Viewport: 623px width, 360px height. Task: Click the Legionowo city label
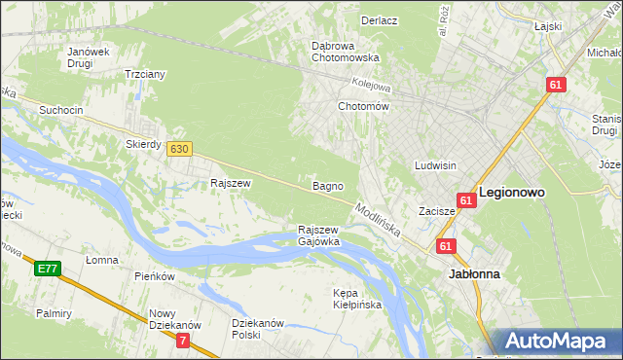[x=511, y=193]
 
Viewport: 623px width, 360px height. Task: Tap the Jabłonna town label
[x=474, y=274]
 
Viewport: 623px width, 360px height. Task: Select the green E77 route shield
[x=48, y=268]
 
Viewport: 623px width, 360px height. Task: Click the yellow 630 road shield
[x=178, y=149]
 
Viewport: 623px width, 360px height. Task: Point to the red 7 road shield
[x=184, y=341]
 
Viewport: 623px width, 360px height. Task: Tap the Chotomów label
[x=363, y=106]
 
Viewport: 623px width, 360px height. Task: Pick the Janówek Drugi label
[x=87, y=57]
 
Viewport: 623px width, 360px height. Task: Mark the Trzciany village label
[x=145, y=74]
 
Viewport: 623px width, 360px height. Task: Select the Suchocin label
[x=60, y=110]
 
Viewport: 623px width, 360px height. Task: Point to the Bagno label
[x=325, y=185]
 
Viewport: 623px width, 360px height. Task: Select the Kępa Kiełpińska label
[x=357, y=298]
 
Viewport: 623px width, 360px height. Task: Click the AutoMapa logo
[x=559, y=342]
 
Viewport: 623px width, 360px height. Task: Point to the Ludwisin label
[x=435, y=165]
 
